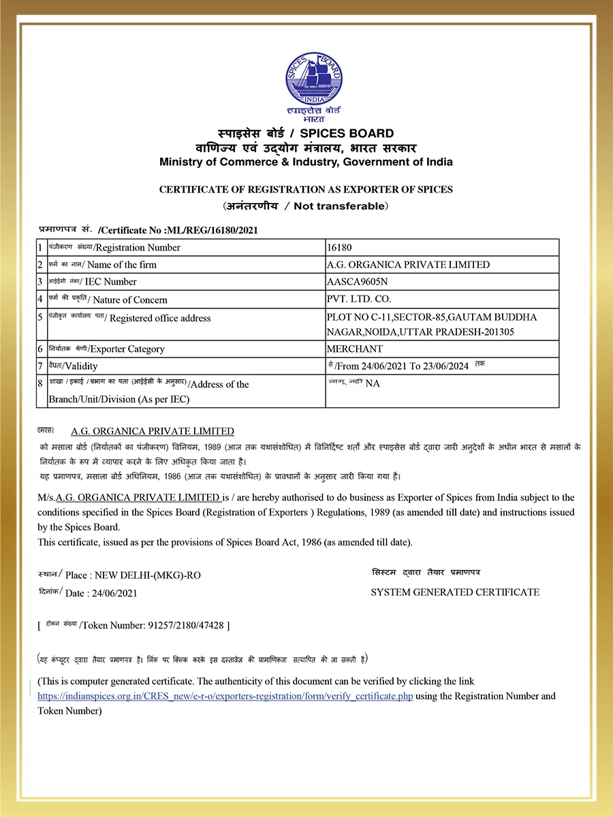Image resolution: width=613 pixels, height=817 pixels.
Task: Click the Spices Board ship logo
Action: [313, 78]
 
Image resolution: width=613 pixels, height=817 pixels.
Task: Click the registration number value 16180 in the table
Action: [339, 248]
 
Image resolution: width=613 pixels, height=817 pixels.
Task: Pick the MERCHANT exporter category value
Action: [355, 349]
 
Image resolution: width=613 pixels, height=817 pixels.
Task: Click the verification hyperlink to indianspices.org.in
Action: [225, 696]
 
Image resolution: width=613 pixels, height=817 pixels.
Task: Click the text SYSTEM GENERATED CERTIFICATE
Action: [455, 592]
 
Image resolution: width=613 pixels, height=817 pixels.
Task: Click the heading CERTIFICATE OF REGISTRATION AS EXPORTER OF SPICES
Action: [306, 189]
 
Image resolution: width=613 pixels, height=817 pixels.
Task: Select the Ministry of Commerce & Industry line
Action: [306, 162]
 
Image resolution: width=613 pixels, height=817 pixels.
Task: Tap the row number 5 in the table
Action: [41, 318]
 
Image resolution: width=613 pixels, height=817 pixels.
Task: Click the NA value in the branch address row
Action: [373, 384]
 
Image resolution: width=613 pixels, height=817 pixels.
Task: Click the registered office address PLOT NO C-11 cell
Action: [432, 325]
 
